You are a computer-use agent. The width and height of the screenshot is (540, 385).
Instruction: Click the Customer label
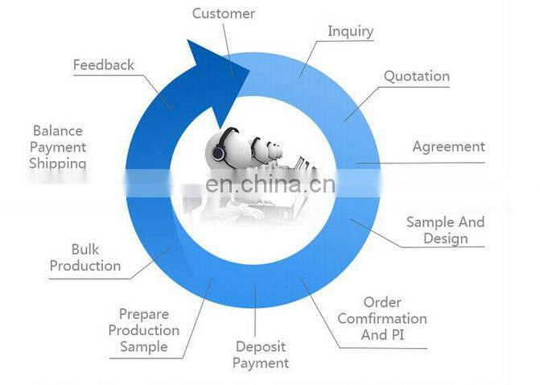223,13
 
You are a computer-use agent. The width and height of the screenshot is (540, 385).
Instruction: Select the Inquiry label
351,31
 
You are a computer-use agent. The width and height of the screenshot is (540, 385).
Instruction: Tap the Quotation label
415,77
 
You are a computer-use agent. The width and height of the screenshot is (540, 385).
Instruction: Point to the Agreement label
448,147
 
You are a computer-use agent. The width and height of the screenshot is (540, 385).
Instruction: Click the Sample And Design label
445,230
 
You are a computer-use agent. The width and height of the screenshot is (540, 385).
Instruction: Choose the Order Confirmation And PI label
382,318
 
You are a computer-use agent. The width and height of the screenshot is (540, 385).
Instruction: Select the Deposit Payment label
261,354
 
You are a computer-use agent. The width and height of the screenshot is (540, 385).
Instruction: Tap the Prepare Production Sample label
143,330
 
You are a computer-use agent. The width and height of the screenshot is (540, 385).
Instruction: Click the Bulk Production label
85,258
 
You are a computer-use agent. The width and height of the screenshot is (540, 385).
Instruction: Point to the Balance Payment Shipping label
58,147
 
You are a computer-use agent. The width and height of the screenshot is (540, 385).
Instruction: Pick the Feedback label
103,64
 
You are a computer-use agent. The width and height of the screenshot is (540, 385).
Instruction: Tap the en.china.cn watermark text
270,184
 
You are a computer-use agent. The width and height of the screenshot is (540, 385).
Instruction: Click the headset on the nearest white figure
220,150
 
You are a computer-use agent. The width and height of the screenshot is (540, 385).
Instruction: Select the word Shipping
58,164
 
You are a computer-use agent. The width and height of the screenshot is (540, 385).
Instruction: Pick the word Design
445,238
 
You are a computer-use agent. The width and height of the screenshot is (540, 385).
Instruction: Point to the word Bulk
85,249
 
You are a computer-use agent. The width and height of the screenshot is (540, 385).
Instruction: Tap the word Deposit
261,346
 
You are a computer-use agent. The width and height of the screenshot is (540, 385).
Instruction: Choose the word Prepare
143,314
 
